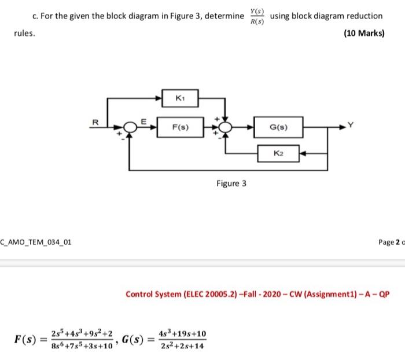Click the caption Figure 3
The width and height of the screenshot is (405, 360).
tap(231, 183)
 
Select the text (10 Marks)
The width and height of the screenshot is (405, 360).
tap(364, 33)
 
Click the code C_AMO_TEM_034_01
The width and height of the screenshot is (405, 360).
tap(36, 241)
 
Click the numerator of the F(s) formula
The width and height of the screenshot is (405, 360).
tap(86, 333)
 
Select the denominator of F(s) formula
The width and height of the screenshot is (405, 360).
tap(86, 346)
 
